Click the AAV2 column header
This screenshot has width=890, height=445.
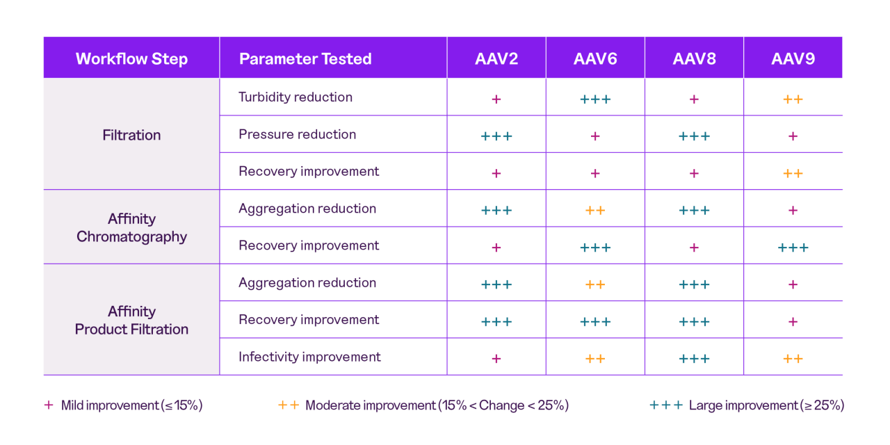point(496,58)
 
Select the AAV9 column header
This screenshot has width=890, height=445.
point(793,58)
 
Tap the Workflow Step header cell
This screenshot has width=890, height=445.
point(131,58)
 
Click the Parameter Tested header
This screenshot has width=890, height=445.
point(305,58)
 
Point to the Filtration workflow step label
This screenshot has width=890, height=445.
point(131,135)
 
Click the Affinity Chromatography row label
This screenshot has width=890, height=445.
point(131,227)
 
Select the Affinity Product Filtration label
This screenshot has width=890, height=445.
point(131,320)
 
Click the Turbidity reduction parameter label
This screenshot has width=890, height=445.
point(296,97)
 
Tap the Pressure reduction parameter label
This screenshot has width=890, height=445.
point(297,134)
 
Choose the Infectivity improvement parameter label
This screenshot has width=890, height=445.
point(309,357)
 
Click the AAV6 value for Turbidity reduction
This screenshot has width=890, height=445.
point(595,99)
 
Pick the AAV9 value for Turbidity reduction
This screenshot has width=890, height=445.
point(793,99)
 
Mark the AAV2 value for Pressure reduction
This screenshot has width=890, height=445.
point(496,136)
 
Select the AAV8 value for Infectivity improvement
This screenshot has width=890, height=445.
point(694,359)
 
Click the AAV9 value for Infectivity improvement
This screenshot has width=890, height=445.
point(793,359)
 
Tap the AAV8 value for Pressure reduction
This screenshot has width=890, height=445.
point(694,136)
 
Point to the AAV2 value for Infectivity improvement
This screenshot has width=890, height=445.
point(496,359)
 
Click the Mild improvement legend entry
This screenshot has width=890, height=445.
point(123,405)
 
